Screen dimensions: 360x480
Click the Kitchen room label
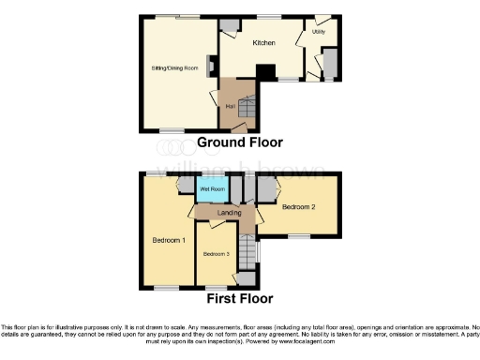tap(263, 42)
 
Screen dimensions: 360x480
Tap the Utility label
tap(320, 32)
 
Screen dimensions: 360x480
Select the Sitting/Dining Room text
tap(174, 68)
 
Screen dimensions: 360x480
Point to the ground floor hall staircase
tap(242, 98)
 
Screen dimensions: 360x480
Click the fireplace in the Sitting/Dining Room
tap(212, 67)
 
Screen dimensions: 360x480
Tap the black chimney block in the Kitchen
tap(266, 72)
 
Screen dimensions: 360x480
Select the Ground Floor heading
tap(240, 142)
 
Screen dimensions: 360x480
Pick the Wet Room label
tap(212, 189)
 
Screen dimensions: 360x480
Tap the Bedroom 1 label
tap(168, 240)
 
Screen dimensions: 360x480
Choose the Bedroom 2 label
tap(298, 205)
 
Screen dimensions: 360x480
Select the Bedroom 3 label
tap(216, 253)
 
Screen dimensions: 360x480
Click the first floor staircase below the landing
tap(247, 250)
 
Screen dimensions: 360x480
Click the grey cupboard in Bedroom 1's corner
tap(184, 185)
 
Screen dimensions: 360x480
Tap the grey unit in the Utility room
tap(329, 63)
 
